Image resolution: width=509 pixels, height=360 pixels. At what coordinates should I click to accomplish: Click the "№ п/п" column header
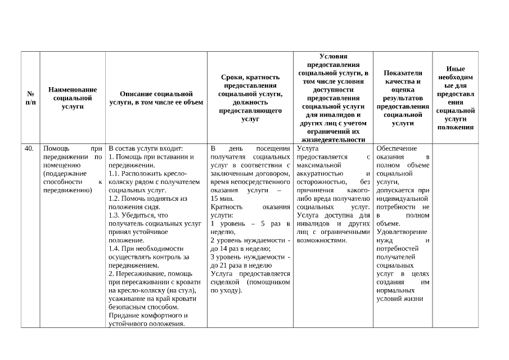(x=30, y=98)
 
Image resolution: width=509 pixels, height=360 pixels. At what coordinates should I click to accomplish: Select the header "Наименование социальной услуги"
(x=73, y=98)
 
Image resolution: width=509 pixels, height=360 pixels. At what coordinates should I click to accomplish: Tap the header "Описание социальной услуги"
(x=156, y=98)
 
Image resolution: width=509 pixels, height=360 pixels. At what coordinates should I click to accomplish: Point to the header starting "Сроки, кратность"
(x=250, y=98)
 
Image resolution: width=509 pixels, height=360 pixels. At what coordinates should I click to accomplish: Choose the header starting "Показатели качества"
(x=402, y=98)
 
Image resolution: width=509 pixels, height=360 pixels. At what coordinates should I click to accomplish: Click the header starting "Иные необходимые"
(x=455, y=98)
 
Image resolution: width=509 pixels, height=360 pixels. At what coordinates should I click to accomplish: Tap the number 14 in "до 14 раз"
(x=224, y=249)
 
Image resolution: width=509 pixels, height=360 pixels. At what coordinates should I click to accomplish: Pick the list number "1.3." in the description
(x=115, y=215)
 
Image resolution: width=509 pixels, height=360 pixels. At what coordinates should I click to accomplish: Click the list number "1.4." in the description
(x=115, y=249)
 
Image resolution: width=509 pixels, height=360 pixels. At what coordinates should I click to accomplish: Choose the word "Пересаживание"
(x=141, y=274)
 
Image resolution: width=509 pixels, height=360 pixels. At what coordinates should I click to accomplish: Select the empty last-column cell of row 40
(x=455, y=233)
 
